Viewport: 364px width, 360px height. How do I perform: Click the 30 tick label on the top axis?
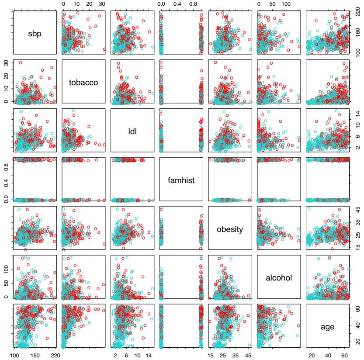click(102, 3)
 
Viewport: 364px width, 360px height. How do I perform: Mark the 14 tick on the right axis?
click(357, 114)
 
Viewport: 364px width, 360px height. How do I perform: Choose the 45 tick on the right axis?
click(357, 209)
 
